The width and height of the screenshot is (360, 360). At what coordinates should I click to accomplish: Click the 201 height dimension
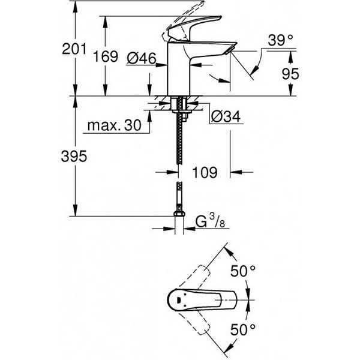(74, 49)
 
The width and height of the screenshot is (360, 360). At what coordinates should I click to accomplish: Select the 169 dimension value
(106, 56)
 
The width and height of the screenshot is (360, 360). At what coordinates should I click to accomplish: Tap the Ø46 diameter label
(141, 58)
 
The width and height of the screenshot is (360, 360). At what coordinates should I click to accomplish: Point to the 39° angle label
(281, 40)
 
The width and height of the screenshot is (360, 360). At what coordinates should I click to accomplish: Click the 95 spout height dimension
(290, 74)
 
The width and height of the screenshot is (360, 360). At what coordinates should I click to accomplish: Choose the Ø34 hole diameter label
(226, 116)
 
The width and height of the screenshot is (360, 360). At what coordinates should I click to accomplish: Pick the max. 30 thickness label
(115, 125)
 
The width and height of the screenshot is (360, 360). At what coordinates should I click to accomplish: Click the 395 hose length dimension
(74, 157)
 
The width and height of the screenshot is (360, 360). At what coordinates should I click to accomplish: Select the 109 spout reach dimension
(205, 172)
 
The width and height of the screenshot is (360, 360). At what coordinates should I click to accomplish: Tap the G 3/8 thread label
(210, 221)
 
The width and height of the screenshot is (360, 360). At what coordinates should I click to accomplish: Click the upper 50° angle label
(243, 271)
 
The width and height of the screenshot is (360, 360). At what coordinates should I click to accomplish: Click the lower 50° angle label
(243, 329)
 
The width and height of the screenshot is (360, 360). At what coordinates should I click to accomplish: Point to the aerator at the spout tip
(229, 50)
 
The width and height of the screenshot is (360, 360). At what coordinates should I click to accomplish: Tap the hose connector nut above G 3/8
(179, 214)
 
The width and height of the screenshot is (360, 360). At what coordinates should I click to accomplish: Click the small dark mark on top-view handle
(179, 300)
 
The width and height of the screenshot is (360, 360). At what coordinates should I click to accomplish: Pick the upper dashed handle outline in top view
(194, 277)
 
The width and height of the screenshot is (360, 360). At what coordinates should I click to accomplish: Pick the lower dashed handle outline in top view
(194, 323)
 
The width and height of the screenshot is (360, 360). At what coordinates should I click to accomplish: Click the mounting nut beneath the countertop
(182, 112)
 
